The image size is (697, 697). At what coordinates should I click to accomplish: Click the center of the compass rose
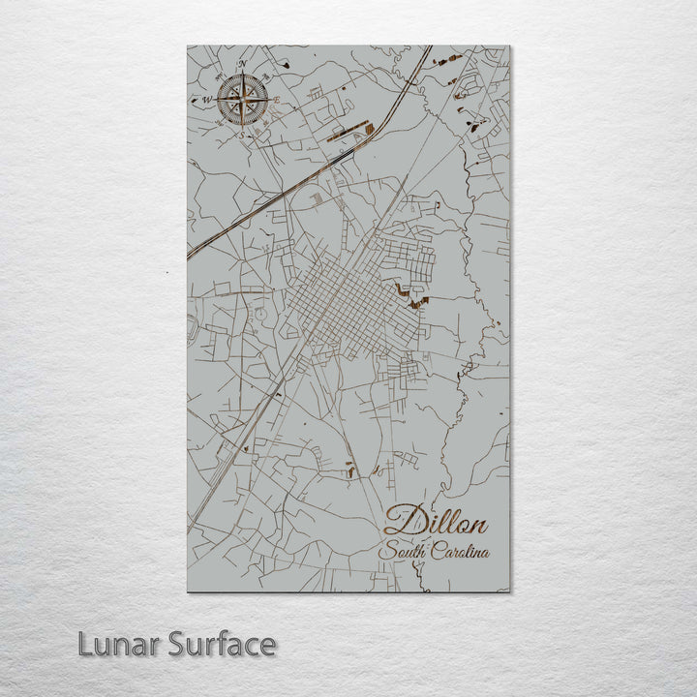[243, 99]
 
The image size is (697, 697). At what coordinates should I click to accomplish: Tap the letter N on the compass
[244, 65]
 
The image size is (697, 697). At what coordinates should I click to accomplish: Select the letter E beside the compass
[277, 101]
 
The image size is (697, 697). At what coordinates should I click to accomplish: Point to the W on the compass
[206, 99]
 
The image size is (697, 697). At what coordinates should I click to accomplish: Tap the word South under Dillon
[404, 553]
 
